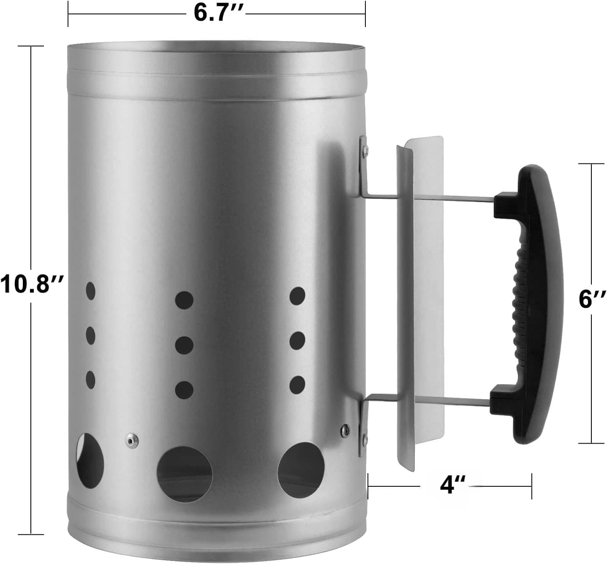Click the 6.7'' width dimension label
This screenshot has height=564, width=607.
click(x=216, y=13)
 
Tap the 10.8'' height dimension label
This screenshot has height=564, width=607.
click(x=32, y=283)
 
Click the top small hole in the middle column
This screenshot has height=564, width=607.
click(x=184, y=300)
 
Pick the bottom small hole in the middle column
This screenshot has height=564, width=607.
click(x=184, y=389)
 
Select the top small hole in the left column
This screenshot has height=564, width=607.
click(x=91, y=291)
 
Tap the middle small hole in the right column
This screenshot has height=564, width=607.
click(x=297, y=340)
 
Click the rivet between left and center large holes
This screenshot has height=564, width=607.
click(x=130, y=440)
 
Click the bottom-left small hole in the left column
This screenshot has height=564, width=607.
click(x=90, y=380)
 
